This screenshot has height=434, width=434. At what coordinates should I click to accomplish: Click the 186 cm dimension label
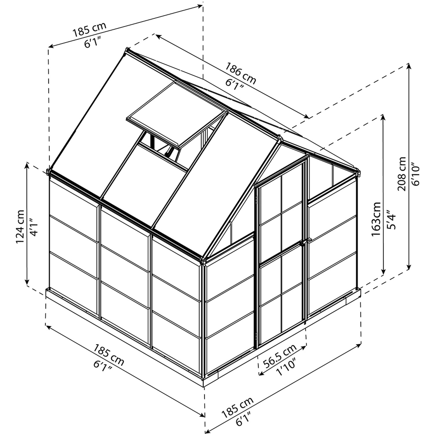[x=241, y=74]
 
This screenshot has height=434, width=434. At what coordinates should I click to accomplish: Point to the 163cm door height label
[x=376, y=219]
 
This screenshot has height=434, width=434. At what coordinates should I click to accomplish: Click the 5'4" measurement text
[x=391, y=220]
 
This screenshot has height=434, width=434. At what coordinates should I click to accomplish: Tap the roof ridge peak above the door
[x=279, y=138]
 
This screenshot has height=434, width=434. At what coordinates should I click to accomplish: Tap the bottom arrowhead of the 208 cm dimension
[x=409, y=268]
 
